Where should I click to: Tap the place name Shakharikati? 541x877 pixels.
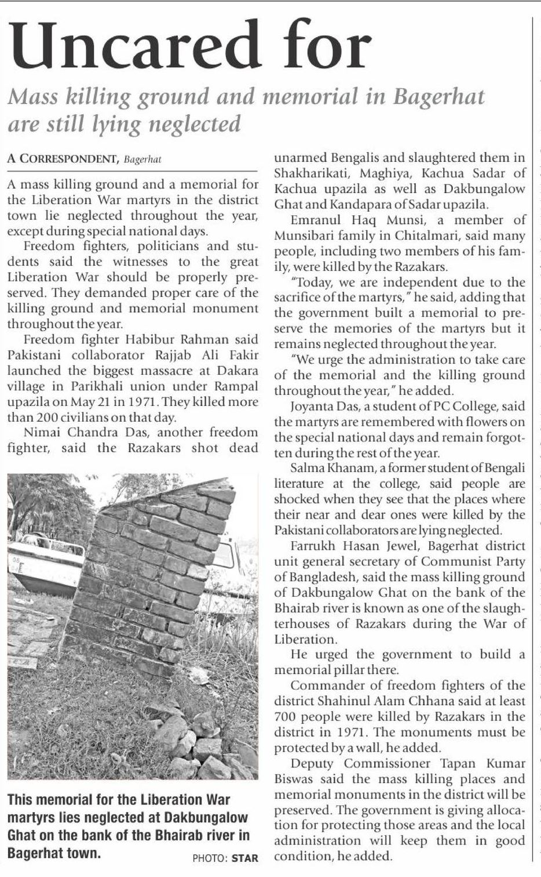310,173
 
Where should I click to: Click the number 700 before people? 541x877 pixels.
285,717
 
